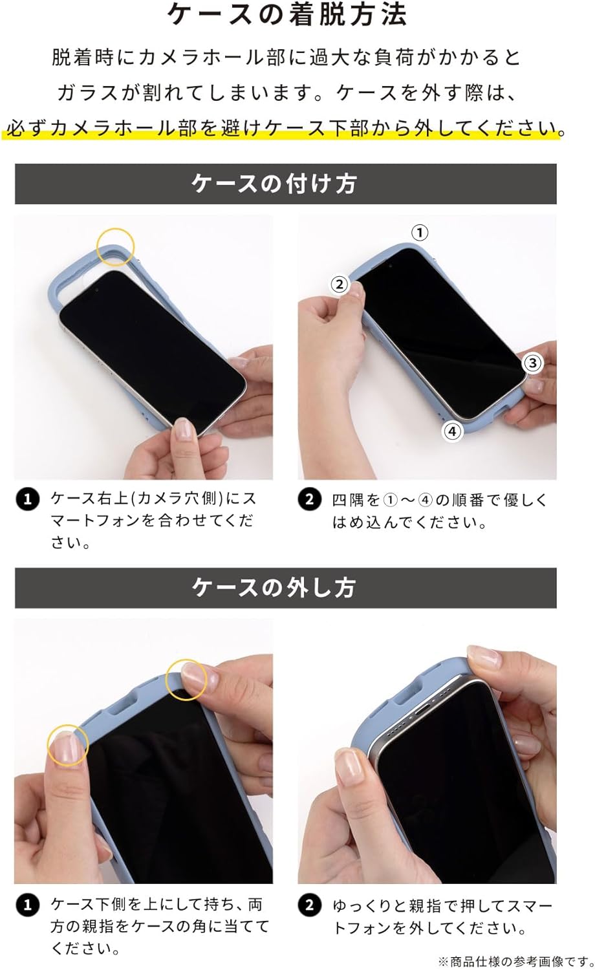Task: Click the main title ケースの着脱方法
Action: (x=287, y=15)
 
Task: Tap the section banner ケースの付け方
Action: (x=285, y=184)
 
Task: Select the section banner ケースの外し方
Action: (x=285, y=588)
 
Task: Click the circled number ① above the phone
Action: (x=419, y=233)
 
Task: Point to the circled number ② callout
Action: (x=340, y=285)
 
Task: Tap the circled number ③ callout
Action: (x=533, y=362)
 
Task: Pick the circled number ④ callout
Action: (x=452, y=431)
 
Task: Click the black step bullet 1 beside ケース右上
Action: (x=27, y=499)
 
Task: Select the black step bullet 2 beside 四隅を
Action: (x=310, y=499)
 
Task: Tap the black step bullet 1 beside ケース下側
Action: (x=27, y=905)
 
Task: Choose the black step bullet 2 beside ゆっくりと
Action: (x=310, y=905)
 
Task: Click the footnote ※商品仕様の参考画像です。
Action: (x=515, y=962)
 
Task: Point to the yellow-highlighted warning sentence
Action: (x=284, y=128)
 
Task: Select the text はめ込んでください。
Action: (x=409, y=523)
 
